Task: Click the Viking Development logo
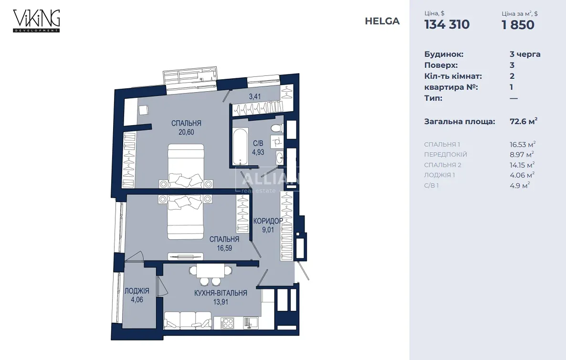coord(36,21)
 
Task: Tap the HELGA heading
coord(382,21)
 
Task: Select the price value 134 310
coord(447,24)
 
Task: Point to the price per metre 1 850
coord(518,24)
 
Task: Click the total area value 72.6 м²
coord(524,121)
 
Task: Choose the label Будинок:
coord(444,54)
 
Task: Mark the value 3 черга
coord(525,54)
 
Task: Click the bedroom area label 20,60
coord(186,132)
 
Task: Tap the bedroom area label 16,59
coord(224,248)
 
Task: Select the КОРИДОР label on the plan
coord(268,221)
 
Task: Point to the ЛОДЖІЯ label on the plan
coord(137,291)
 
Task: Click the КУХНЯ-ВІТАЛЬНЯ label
coord(220,293)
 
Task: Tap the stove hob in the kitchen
coord(227,323)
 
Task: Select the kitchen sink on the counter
coord(251,322)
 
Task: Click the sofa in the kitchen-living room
coord(188,320)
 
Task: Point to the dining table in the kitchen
coord(210,270)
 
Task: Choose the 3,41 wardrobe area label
coord(255,96)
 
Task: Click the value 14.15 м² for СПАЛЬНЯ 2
coord(522,165)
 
